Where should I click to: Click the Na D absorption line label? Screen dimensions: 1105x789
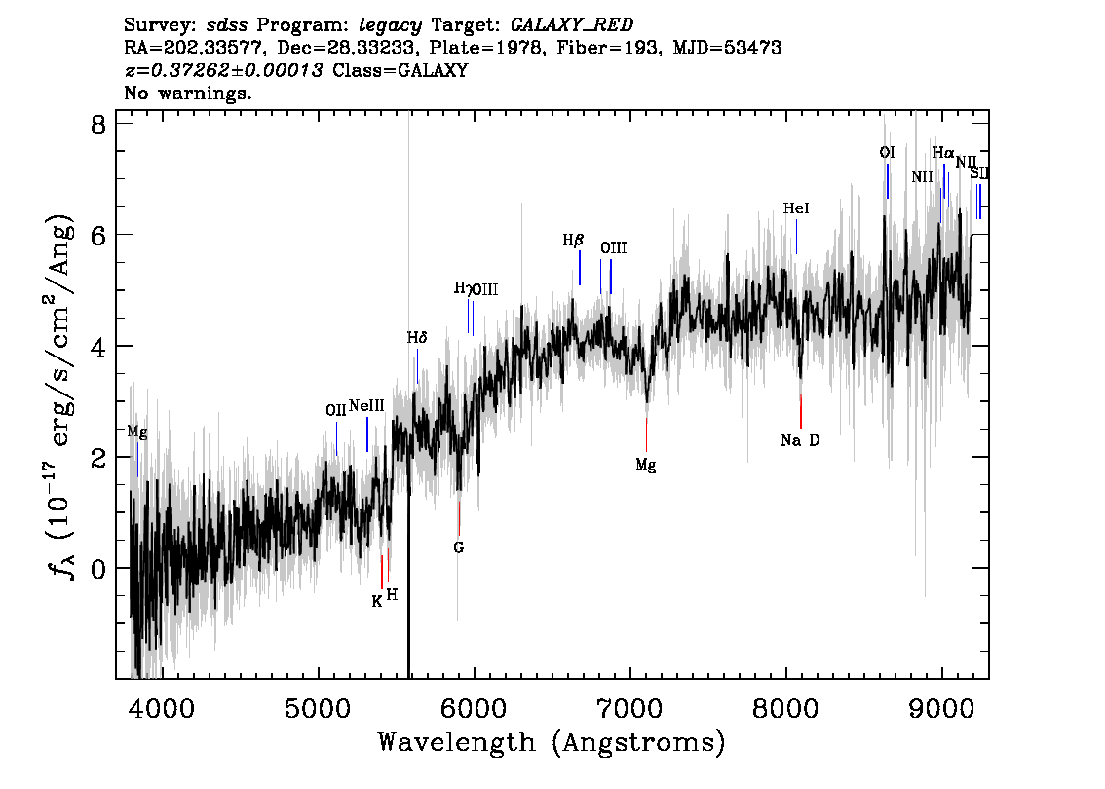tap(800, 441)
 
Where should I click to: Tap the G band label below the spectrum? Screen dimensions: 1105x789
tap(459, 547)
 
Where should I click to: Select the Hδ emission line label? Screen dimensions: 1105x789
tap(417, 338)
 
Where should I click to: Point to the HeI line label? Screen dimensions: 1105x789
tap(796, 208)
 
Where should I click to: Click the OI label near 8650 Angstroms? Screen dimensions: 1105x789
tap(888, 153)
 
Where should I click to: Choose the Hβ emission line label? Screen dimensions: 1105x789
tap(573, 241)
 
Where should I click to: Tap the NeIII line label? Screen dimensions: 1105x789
tap(366, 406)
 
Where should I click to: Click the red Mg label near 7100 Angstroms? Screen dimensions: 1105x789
tap(646, 465)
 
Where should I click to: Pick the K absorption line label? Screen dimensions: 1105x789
tap(377, 602)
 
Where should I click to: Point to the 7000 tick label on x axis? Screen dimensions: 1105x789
tap(629, 708)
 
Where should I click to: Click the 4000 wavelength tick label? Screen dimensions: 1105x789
tap(162, 708)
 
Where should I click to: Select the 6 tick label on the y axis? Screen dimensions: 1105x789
tap(98, 235)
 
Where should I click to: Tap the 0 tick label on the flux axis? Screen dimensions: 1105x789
tap(98, 569)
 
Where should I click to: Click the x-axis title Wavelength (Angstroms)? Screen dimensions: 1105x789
tap(552, 743)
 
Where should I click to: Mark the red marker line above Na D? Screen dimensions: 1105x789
tap(801, 411)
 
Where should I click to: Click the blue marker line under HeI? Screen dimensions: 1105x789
tap(796, 237)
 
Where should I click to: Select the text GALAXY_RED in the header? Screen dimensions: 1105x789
tap(572, 25)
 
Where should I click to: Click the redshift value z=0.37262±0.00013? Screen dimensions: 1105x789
tap(223, 70)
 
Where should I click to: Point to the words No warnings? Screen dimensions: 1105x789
tap(187, 93)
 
